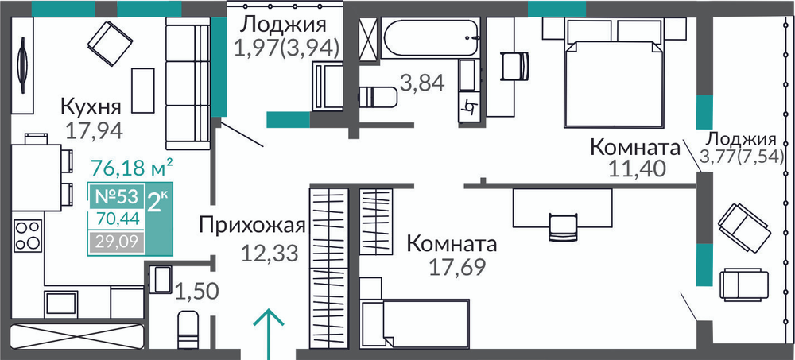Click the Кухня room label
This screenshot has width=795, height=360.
91,108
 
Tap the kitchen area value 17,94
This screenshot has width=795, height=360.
95,130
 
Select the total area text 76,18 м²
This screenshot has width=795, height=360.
132,167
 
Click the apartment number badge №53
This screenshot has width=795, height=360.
116,196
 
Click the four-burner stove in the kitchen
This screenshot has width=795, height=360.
28,234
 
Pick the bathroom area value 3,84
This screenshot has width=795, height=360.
422,83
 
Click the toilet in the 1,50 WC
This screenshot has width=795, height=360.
188,330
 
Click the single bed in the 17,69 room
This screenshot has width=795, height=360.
414,323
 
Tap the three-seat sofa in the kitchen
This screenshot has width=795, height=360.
188,83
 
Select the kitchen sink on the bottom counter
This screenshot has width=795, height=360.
61,304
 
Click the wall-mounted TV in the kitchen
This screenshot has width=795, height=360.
22,66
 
